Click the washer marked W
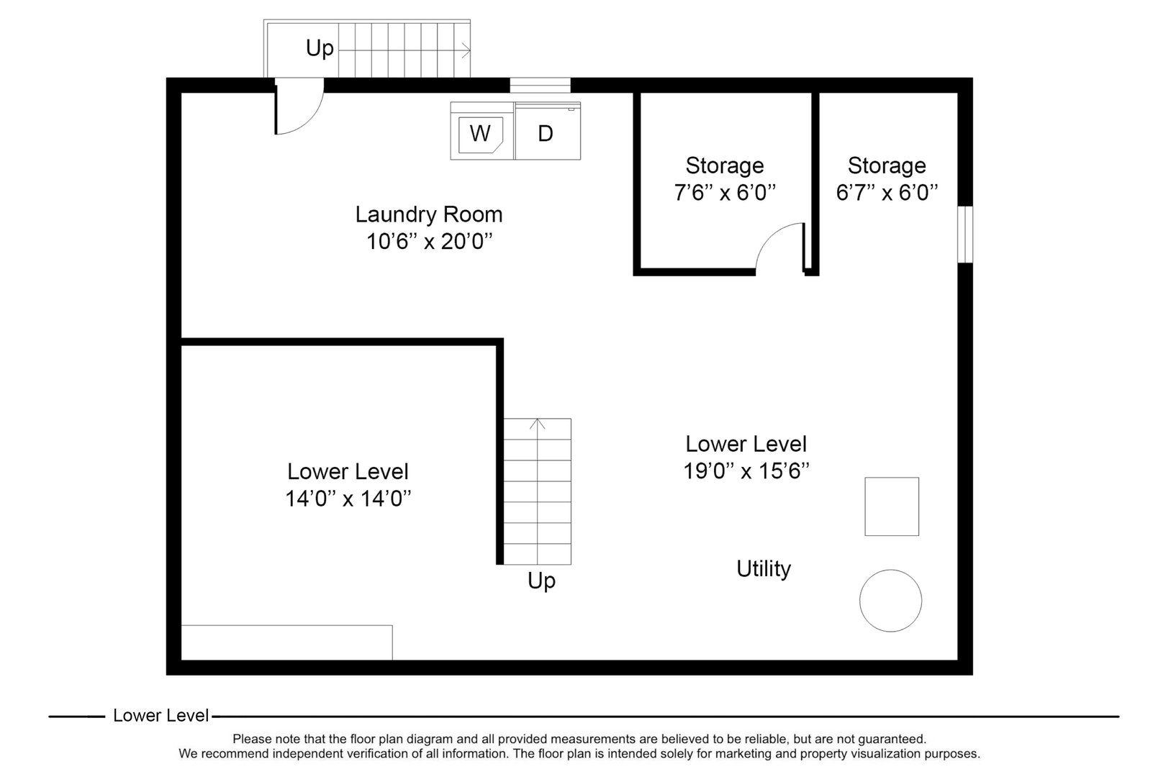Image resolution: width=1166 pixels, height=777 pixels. pos(481,133)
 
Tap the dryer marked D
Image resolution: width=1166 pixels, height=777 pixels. pos(547,133)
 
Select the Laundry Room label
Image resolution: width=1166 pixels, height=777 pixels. pos(429,214)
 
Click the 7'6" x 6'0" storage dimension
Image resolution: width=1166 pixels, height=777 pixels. pos(725,193)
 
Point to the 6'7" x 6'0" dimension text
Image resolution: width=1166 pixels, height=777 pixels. pos(887,193)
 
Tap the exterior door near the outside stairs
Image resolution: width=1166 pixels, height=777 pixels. pos(297,112)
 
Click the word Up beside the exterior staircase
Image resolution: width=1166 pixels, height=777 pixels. pos(320,48)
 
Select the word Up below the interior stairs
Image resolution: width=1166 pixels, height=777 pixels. pos(541,581)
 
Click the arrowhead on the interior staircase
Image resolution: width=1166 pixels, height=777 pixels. pos(538,424)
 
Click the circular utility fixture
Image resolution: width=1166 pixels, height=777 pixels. pos(890,601)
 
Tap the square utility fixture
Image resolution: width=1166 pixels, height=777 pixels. pos(891,506)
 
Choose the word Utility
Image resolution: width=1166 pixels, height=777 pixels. pos(764,569)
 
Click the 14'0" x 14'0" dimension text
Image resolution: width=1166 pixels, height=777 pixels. pos(348,499)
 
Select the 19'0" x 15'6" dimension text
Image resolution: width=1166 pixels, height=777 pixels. pos(746,471)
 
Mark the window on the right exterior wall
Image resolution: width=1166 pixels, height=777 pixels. pos(966,235)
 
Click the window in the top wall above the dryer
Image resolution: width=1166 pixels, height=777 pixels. pos(540,86)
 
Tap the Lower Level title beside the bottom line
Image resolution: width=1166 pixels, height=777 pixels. pos(161,716)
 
